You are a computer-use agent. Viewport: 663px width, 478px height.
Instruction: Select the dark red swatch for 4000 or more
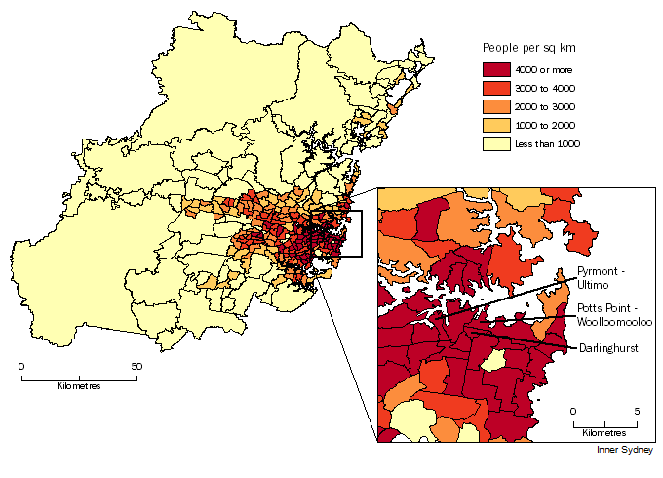(496, 69)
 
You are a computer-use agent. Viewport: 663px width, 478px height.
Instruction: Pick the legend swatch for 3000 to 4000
(496, 88)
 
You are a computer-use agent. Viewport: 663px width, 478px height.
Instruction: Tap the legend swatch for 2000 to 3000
(496, 106)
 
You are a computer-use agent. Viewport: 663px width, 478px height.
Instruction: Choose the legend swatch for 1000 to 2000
(496, 125)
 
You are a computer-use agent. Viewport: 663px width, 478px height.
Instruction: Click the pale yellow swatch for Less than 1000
(496, 143)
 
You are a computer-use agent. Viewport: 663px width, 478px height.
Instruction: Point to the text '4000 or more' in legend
(544, 69)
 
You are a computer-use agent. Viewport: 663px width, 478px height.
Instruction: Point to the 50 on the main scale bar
(137, 367)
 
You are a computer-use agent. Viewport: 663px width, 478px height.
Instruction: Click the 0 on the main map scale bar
(22, 367)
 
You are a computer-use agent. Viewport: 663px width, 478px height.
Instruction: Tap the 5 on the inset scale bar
(638, 411)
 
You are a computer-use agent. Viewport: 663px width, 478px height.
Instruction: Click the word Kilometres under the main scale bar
(79, 386)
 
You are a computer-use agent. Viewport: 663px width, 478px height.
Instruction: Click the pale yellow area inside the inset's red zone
(493, 362)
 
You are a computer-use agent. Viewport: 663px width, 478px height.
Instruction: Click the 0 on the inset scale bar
(574, 411)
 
